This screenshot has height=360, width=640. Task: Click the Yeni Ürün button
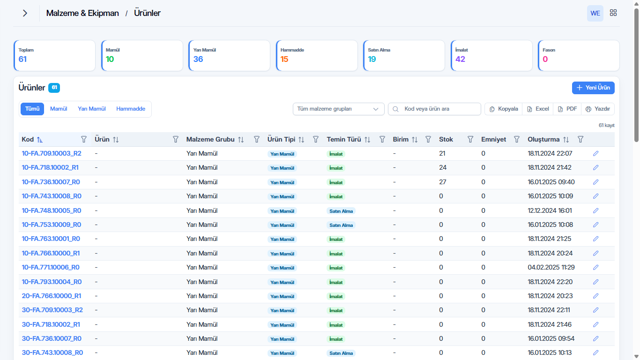click(593, 88)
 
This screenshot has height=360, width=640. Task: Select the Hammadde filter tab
click(131, 109)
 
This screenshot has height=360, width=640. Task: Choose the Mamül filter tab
click(59, 109)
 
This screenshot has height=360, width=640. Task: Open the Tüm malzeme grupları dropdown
click(338, 109)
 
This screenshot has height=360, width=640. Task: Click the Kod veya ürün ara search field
click(434, 109)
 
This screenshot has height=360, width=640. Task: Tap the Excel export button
click(538, 109)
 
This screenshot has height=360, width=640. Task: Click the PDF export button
click(567, 109)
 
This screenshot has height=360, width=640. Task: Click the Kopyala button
click(504, 109)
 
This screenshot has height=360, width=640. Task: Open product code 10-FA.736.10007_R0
click(51, 182)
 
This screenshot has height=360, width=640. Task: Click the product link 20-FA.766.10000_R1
click(52, 296)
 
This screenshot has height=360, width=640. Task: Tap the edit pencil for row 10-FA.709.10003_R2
click(595, 154)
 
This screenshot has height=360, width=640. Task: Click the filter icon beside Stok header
click(470, 140)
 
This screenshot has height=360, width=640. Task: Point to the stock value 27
click(443, 182)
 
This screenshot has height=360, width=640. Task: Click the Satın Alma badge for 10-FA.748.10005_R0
click(341, 211)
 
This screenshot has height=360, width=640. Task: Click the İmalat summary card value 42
click(460, 59)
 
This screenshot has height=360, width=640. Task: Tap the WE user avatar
click(595, 13)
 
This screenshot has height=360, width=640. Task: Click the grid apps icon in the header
click(613, 13)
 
